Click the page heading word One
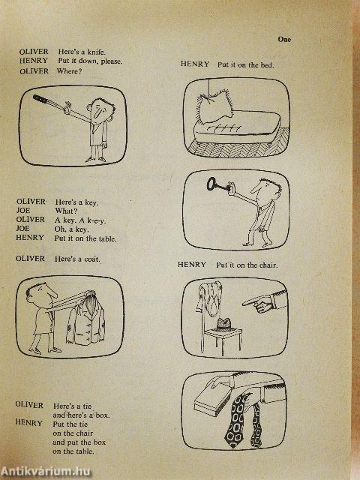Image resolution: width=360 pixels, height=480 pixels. (284, 40)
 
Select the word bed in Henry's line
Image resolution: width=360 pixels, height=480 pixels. (267, 65)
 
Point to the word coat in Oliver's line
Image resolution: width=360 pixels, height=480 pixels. (92, 259)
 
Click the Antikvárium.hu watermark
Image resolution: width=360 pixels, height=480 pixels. (46, 472)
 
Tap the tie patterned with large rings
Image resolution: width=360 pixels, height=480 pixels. (235, 420)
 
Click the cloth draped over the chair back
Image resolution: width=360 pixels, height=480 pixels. (209, 296)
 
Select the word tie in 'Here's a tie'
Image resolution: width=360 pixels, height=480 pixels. (87, 406)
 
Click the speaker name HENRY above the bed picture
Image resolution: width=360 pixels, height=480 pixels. (195, 64)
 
